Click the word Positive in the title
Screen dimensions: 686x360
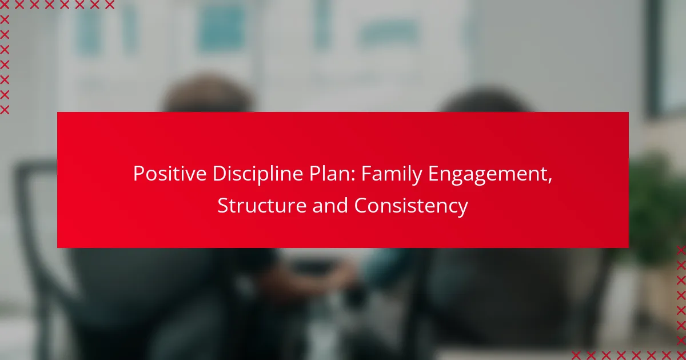(170, 174)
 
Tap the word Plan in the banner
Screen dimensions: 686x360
(329, 174)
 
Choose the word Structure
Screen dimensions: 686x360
(262, 205)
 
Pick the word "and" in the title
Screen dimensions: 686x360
(330, 205)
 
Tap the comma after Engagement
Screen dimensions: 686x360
(550, 181)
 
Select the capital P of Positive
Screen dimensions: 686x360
(139, 174)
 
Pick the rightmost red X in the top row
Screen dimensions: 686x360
(110, 5)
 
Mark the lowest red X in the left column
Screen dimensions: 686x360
(5, 110)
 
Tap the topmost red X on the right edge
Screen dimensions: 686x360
(681, 250)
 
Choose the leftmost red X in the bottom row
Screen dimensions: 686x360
(576, 355)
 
